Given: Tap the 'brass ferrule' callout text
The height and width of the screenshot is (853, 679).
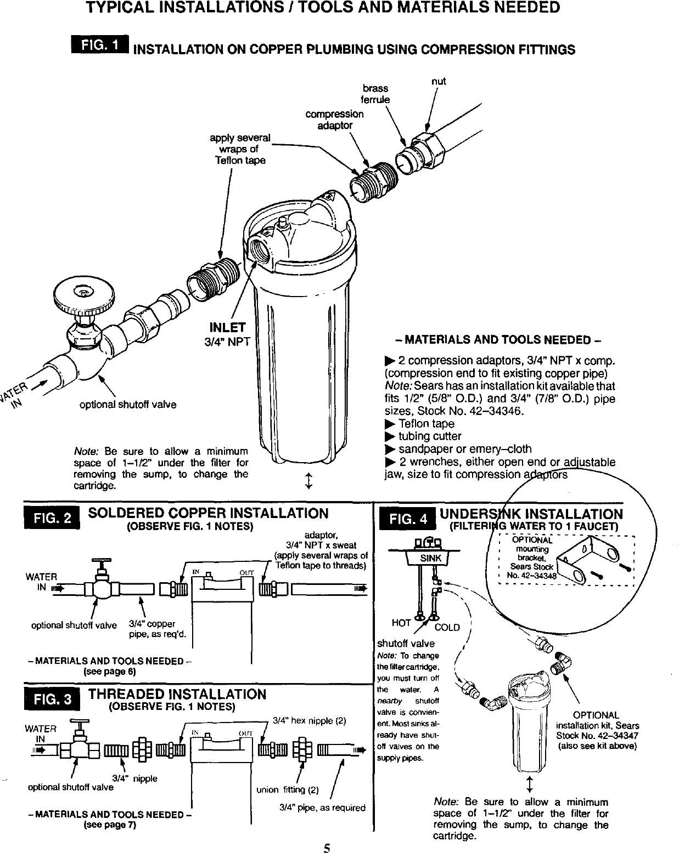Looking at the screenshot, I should (375, 94).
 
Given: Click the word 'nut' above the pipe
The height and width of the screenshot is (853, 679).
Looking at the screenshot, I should (438, 81).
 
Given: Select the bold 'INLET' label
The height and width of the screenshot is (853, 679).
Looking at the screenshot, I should (227, 328).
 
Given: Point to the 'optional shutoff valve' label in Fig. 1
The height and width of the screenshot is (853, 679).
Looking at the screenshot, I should (128, 405).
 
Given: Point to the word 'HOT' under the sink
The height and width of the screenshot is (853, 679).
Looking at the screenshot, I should (401, 623).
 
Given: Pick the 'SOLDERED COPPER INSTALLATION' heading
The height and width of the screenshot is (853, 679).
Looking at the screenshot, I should (208, 513).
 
